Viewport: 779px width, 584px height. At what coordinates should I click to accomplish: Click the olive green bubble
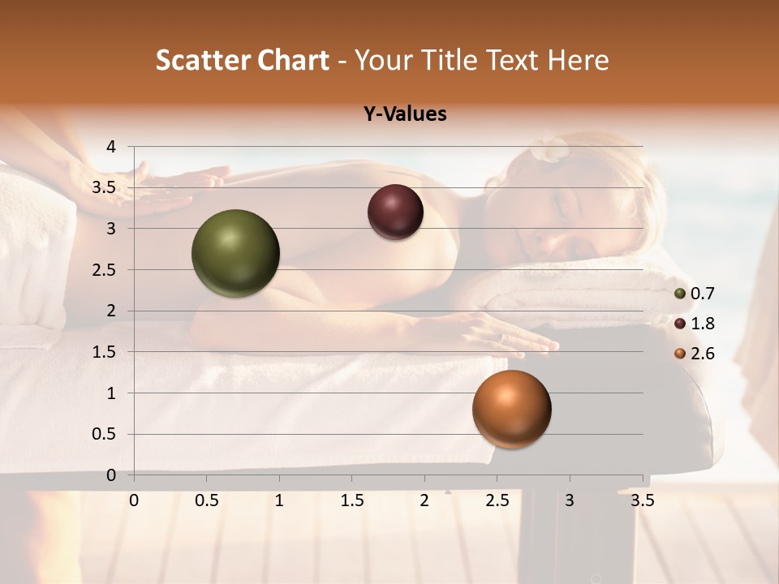[x=235, y=253]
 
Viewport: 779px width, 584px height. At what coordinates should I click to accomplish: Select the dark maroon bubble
[x=395, y=213]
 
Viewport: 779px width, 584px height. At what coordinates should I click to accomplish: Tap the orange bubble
[x=511, y=409]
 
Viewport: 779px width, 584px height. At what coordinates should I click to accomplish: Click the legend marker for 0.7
[x=680, y=294]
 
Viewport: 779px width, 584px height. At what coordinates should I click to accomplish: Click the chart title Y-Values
[x=405, y=114]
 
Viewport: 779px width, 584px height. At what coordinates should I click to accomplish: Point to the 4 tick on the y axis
[x=111, y=147]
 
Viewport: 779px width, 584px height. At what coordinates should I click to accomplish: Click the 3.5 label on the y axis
[x=105, y=187]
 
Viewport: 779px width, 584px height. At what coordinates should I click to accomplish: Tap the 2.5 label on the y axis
[x=105, y=270]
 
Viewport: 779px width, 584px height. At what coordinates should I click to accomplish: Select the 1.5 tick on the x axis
[x=352, y=500]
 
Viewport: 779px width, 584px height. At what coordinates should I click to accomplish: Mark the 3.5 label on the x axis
[x=642, y=500]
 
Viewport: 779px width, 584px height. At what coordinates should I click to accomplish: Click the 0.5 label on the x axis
[x=207, y=500]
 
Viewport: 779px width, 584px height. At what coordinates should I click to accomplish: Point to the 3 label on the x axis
[x=569, y=500]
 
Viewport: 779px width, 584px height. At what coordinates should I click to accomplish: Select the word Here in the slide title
[x=577, y=60]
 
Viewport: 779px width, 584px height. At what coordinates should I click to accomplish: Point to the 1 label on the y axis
[x=111, y=393]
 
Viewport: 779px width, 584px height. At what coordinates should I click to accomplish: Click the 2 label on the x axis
[x=424, y=500]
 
